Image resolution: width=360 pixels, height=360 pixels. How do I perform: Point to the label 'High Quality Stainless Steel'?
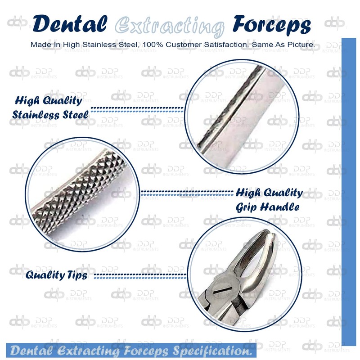50,107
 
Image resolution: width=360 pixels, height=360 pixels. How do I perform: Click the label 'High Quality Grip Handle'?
269,200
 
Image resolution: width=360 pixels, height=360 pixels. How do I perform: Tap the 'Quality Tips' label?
56,275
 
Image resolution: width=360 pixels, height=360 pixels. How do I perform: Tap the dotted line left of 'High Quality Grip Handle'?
186,193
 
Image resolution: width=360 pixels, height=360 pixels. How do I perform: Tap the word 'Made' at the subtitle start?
39,45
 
